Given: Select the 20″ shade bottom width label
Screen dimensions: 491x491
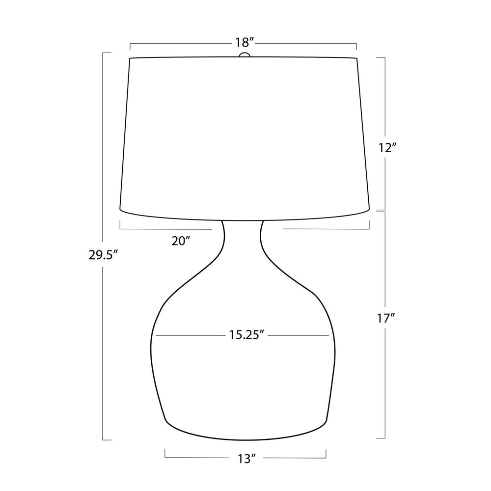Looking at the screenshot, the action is (181, 241).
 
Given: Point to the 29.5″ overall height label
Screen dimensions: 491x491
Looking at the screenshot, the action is (103, 255).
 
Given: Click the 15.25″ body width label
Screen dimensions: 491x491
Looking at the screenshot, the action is (245, 335).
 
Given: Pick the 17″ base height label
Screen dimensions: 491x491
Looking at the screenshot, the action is (386, 319).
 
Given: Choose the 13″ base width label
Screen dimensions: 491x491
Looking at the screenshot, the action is (245, 459).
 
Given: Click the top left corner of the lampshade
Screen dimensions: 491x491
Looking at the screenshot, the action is (130, 58).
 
